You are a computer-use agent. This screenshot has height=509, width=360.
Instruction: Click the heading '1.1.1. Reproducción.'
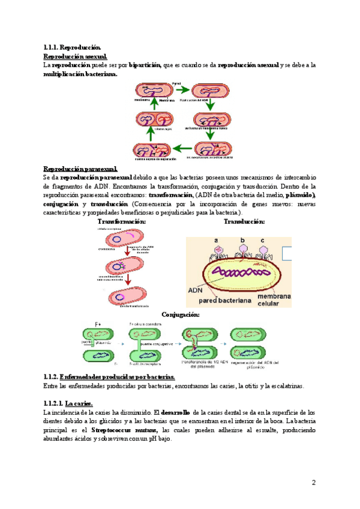click(73, 47)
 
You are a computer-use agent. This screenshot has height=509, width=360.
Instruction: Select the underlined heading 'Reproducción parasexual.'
click(80, 169)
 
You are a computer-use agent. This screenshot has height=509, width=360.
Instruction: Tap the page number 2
click(313, 483)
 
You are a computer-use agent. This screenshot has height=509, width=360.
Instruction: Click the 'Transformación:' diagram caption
click(122, 221)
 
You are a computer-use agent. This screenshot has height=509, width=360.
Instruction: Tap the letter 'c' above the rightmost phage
click(262, 240)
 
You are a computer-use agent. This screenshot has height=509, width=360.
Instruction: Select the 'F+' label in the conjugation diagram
click(99, 324)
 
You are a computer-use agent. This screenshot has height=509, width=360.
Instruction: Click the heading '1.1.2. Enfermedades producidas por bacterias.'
click(109, 376)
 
